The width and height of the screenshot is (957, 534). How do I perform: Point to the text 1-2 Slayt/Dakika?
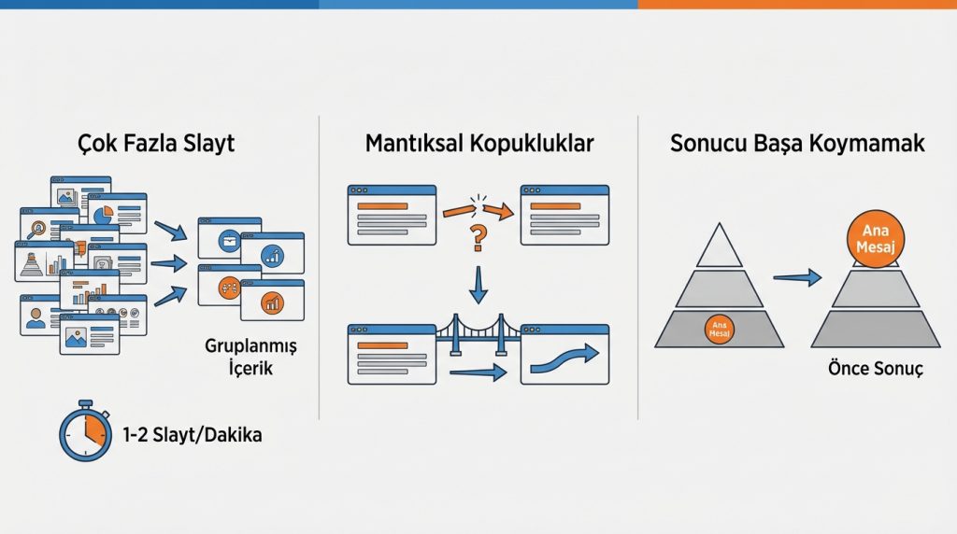193,435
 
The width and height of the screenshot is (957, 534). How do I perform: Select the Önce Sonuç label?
875,369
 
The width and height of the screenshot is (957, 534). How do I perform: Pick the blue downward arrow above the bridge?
478,284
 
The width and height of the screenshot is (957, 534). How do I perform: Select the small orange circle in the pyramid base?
720,330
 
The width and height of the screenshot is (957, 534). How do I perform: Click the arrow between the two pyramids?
797,276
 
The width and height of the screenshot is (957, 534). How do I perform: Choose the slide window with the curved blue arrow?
564,355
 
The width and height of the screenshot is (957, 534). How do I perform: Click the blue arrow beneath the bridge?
478,373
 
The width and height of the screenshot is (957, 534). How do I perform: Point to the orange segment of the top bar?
797,5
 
